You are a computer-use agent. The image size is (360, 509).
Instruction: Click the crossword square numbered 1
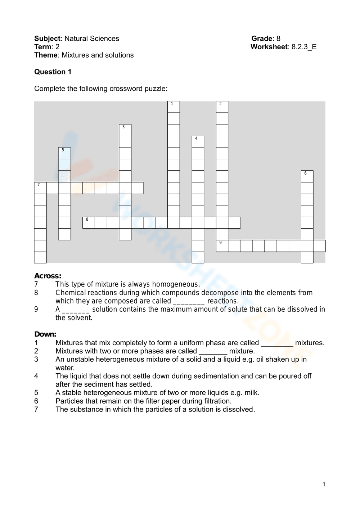click(x=174, y=107)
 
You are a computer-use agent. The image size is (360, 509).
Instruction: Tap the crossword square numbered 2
click(x=222, y=107)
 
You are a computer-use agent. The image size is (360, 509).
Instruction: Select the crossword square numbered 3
click(x=125, y=130)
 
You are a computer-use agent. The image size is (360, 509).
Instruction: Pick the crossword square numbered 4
click(x=198, y=141)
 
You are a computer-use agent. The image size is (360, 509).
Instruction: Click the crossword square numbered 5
click(x=64, y=153)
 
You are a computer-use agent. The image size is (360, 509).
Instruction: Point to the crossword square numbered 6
click(x=307, y=176)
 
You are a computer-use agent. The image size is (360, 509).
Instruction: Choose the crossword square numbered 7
click(x=40, y=188)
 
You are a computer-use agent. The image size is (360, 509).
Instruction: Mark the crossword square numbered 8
click(x=89, y=222)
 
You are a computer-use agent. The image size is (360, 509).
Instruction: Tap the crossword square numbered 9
click(x=222, y=246)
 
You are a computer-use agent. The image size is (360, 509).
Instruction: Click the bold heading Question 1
click(x=53, y=72)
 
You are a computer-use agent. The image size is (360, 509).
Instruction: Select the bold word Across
click(x=48, y=276)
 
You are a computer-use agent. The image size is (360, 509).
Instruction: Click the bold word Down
click(x=45, y=334)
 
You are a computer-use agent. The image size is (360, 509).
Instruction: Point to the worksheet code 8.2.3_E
click(x=304, y=47)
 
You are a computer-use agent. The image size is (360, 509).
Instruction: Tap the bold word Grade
click(x=262, y=39)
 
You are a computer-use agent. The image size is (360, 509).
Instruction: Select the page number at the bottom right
click(x=324, y=484)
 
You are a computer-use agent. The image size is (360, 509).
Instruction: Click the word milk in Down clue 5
click(x=251, y=393)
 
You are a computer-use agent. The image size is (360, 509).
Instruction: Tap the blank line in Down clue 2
click(x=213, y=351)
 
